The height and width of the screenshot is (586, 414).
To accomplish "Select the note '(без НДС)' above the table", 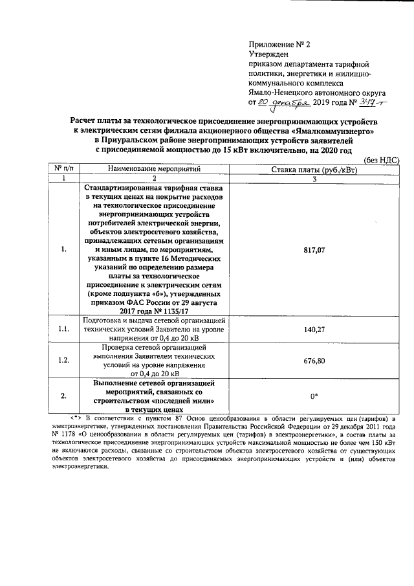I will pyautogui.click(x=382, y=160).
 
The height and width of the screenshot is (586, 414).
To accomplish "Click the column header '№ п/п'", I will pyautogui.click(x=63, y=169).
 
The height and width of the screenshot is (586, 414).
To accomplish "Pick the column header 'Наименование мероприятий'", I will pyautogui.click(x=155, y=169).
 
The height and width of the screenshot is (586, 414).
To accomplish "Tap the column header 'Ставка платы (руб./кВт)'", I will pyautogui.click(x=314, y=169).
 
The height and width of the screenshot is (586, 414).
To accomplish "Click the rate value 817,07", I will pyautogui.click(x=313, y=249).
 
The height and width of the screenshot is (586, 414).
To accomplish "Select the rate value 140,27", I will pyautogui.click(x=313, y=330).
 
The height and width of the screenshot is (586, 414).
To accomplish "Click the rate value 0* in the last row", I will pyautogui.click(x=313, y=396).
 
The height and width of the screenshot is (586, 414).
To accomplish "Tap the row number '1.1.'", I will pyautogui.click(x=63, y=330).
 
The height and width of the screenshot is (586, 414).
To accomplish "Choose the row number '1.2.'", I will pyautogui.click(x=63, y=361).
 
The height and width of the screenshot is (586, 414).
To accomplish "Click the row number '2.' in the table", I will pyautogui.click(x=63, y=396).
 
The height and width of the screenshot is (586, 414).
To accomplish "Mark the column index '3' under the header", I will pyautogui.click(x=314, y=178).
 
